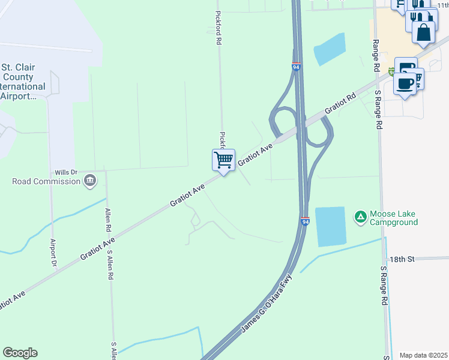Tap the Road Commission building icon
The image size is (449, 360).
90,180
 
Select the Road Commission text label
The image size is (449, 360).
46,181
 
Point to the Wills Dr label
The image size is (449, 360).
67,172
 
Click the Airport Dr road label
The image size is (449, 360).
53,253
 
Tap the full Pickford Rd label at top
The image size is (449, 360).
218,28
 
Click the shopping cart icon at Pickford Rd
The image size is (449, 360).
223,160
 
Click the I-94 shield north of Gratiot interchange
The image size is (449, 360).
297,67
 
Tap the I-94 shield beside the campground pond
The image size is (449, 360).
305,221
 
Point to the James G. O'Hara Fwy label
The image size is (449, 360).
266,305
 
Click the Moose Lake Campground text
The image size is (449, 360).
393,218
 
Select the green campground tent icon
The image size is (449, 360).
360,216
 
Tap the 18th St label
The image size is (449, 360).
402,259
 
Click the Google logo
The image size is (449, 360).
20,353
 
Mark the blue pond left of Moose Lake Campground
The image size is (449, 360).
331,226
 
